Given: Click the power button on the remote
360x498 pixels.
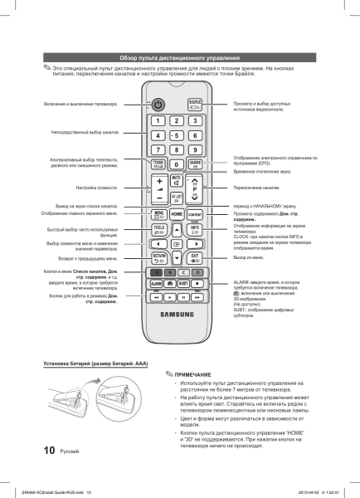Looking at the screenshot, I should tap(158, 105).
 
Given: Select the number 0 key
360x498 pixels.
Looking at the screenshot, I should tap(176, 164).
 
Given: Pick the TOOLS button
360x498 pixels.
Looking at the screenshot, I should tap(158, 229).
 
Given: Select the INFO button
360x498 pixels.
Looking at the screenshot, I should tap(195, 229).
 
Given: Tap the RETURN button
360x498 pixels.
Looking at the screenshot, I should tap(158, 257).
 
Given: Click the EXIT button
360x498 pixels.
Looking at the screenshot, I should tap(195, 257).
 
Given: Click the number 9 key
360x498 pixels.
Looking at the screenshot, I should tap(195, 149).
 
